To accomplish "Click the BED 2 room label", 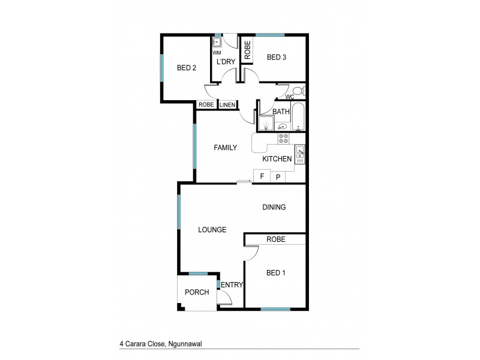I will [187, 68].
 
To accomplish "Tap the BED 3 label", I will [277, 58].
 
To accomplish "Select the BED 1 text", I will [275, 273].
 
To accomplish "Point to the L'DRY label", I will [226, 62].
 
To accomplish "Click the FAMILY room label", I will [226, 148].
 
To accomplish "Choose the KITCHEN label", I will [277, 159].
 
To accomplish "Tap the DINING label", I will [274, 207].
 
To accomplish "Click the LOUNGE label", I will [212, 230].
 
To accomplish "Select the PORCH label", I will [197, 292].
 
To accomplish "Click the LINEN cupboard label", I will [227, 105].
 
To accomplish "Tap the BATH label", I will [281, 112].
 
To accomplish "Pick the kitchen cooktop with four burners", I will [283, 139].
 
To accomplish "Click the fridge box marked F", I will [261, 176].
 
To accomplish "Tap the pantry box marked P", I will [278, 177].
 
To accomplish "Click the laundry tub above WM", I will [217, 42].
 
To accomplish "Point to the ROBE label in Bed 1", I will [275, 239].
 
